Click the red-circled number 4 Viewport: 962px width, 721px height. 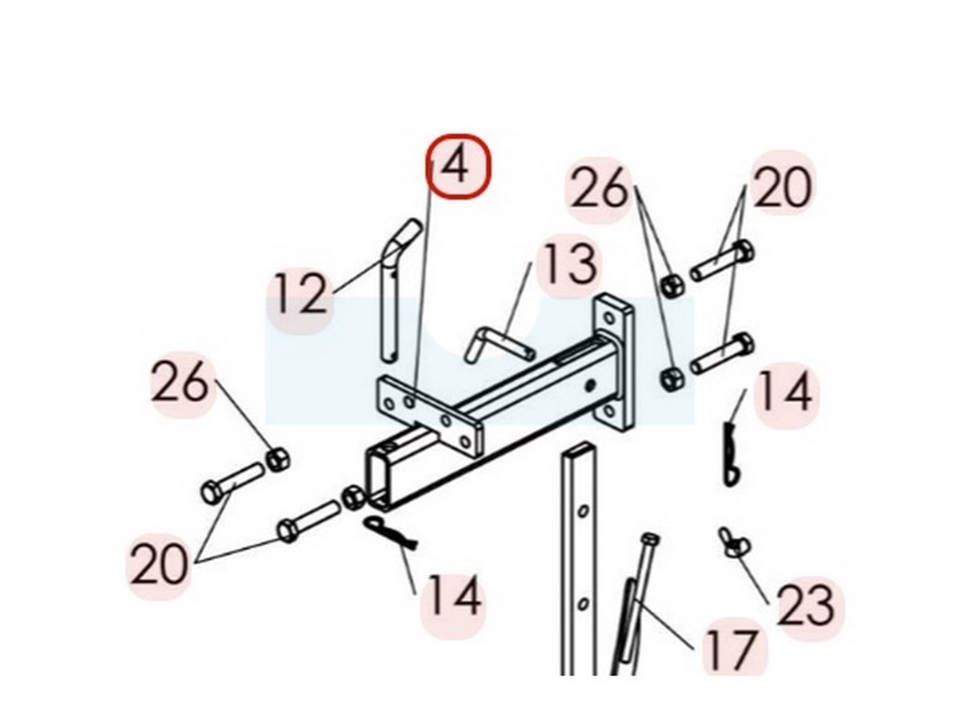(459, 165)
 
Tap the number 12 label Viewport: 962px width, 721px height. (300, 295)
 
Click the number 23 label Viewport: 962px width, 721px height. (805, 605)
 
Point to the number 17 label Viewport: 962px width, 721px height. (731, 649)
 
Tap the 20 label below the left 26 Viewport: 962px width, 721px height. (159, 564)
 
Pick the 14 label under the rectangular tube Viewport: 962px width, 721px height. (454, 595)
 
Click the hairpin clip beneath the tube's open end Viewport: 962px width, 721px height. (390, 532)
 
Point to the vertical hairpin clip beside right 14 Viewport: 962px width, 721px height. (729, 453)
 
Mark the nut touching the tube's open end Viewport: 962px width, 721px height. (353, 498)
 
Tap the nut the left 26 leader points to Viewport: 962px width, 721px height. (278, 459)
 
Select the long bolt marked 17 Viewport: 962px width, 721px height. (638, 605)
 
